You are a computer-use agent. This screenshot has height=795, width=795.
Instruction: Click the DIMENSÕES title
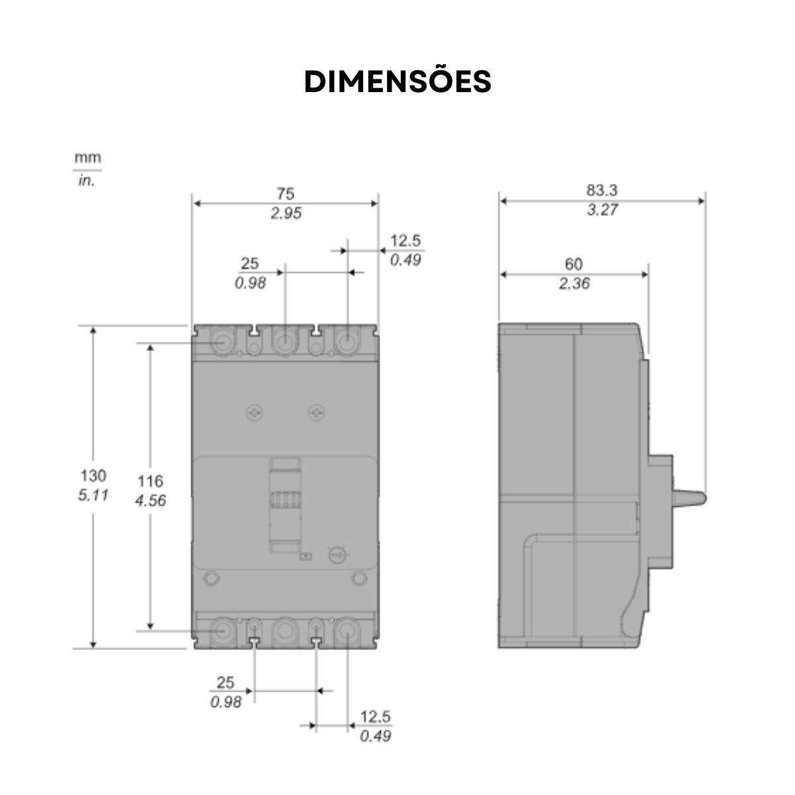pos(397,81)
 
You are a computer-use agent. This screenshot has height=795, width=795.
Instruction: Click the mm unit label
pos(87,158)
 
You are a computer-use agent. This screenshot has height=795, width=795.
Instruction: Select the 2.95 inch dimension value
pos(285,213)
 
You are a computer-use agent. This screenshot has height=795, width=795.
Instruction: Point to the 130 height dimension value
pos(93,476)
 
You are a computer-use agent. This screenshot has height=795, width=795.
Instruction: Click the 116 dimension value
pos(150,481)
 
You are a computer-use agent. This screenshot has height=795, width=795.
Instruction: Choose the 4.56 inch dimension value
pos(150,501)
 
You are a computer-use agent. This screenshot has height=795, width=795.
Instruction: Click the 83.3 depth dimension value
pos(601,190)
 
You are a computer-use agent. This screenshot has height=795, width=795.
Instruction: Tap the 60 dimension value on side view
pos(573,264)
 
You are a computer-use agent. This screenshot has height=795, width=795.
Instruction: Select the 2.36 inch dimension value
pos(573,284)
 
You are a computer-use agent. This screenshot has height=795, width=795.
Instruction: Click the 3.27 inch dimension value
pos(601,211)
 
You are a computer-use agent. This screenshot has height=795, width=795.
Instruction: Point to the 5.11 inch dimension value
pos(93,496)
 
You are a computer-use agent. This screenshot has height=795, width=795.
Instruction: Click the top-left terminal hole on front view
pos(223,343)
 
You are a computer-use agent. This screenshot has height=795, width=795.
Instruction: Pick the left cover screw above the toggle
pos(254,413)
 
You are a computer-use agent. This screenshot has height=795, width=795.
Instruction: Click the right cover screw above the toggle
pos(316,413)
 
